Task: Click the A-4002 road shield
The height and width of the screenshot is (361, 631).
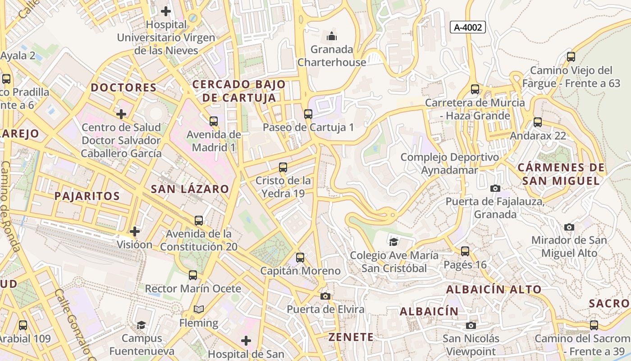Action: click(467, 27)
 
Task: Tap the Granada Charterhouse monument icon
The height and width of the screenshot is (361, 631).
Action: click(332, 36)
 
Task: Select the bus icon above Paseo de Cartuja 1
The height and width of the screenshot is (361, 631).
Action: click(308, 114)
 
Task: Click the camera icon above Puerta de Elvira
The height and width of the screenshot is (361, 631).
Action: click(325, 296)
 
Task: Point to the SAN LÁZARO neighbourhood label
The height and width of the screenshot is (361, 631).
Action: click(190, 189)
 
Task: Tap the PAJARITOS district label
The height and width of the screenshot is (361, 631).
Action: click(87, 196)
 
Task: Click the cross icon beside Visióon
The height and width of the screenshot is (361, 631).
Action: click(134, 231)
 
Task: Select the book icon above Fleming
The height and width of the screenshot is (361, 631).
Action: click(199, 310)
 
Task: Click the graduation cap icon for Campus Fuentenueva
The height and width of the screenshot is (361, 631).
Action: click(142, 325)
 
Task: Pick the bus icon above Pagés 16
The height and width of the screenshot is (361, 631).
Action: click(465, 251)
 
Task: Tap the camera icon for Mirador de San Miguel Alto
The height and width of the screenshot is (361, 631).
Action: click(569, 227)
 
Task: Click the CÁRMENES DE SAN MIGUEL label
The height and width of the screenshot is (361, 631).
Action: click(561, 174)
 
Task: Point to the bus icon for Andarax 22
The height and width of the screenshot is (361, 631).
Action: click(537, 122)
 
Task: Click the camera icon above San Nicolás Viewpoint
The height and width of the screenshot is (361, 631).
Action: click(471, 325)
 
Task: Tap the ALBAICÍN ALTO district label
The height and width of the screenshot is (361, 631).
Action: click(494, 290)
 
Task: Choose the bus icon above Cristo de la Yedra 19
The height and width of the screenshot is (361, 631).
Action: click(283, 167)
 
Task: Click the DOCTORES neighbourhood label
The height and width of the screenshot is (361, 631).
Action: click(124, 88)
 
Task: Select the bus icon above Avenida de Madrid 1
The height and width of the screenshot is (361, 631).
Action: click(213, 121)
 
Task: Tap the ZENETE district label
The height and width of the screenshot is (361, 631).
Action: click(351, 337)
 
